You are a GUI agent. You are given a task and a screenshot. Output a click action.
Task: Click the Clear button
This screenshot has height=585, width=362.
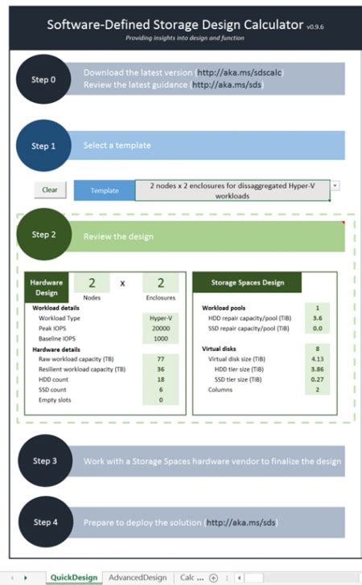50,190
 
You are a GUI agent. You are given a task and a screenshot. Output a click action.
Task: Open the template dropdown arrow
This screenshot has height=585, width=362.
335,185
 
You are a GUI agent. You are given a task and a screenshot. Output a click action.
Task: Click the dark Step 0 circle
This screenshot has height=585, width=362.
43,80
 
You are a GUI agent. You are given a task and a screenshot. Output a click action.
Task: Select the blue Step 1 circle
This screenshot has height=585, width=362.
43,145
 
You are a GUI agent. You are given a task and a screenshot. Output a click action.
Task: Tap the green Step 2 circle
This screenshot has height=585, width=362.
43,235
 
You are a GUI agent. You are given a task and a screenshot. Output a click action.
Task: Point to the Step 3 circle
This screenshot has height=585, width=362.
43,461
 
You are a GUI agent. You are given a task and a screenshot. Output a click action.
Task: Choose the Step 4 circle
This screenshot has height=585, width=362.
43,522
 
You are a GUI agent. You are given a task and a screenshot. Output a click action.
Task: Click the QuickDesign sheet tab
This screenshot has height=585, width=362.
74,577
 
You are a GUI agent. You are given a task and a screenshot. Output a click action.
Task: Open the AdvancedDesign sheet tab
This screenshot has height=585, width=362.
138,577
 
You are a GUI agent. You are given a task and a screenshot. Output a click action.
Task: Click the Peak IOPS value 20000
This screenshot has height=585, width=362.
160,329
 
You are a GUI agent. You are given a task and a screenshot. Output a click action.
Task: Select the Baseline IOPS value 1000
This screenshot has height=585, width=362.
160,339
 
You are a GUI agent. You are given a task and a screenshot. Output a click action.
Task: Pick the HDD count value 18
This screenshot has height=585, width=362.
160,378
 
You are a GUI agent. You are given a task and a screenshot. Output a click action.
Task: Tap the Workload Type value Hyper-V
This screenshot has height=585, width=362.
160,318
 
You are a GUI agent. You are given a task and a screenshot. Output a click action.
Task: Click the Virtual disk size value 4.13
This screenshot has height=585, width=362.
317,358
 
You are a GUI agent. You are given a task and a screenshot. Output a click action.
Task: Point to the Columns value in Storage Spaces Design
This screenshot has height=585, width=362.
317,389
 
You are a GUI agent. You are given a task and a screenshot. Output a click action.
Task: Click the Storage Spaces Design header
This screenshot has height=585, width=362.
247,283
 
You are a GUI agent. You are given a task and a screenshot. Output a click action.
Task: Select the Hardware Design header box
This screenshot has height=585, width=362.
46,287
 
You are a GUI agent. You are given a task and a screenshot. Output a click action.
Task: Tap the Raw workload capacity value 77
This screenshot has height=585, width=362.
160,358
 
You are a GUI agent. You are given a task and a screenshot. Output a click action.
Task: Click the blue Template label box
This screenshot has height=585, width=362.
104,190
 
